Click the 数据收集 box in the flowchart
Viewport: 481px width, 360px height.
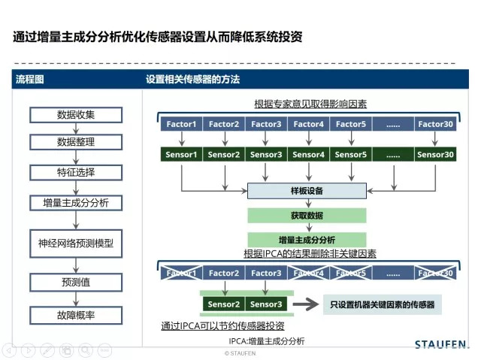pos(76,115)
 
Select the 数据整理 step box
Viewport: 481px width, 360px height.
pos(76,142)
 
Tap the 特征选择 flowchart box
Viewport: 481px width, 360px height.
pos(76,172)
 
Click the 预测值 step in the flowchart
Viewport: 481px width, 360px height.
pos(76,283)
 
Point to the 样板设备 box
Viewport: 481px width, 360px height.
pos(306,191)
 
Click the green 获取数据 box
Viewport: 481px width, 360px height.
pos(306,215)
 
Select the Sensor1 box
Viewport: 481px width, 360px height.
pos(181,155)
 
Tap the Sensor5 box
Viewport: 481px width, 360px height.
pos(351,155)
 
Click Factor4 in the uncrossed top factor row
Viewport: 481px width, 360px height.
pos(308,124)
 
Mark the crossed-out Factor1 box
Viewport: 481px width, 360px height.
pos(181,273)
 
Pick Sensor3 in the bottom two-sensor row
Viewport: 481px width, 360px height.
pos(265,304)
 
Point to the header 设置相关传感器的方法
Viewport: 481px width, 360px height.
pos(192,79)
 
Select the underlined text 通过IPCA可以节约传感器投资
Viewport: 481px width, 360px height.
pos(222,326)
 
